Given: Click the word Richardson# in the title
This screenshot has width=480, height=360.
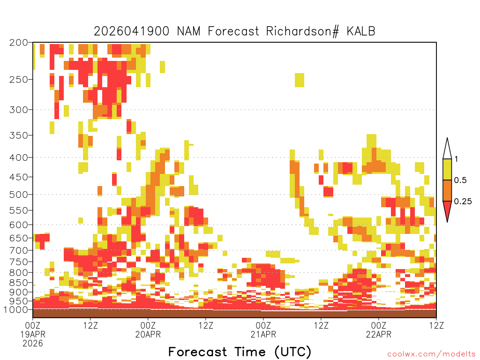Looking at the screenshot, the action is (302, 31).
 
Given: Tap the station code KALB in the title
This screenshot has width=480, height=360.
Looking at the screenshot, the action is (361, 31).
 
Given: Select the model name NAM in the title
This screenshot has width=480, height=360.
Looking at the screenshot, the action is (188, 31).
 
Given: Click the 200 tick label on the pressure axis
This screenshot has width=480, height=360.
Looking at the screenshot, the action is (19, 43).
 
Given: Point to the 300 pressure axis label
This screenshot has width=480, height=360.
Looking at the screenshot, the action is (19, 110).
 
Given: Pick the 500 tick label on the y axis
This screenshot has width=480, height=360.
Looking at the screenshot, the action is (19, 195).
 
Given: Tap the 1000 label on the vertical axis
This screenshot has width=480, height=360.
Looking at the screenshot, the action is (16, 309).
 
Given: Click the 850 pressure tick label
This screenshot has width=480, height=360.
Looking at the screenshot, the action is (19, 283).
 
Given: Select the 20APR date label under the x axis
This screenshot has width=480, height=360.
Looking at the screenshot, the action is (148, 334).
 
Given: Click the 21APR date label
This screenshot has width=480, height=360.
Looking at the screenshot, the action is (263, 334).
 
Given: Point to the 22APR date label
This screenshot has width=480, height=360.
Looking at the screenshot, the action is (379, 334).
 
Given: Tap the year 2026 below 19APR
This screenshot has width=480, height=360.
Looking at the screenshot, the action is (33, 344).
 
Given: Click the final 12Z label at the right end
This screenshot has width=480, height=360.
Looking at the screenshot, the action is (436, 325).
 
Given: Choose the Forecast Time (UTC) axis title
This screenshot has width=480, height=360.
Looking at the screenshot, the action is (240, 352).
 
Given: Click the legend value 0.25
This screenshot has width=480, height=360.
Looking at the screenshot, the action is (463, 202).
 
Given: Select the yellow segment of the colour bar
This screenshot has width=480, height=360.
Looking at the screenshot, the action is (447, 169).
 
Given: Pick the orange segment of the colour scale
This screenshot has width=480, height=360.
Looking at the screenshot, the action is (447, 190).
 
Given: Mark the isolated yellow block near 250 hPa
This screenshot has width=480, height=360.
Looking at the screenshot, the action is (300, 80).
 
